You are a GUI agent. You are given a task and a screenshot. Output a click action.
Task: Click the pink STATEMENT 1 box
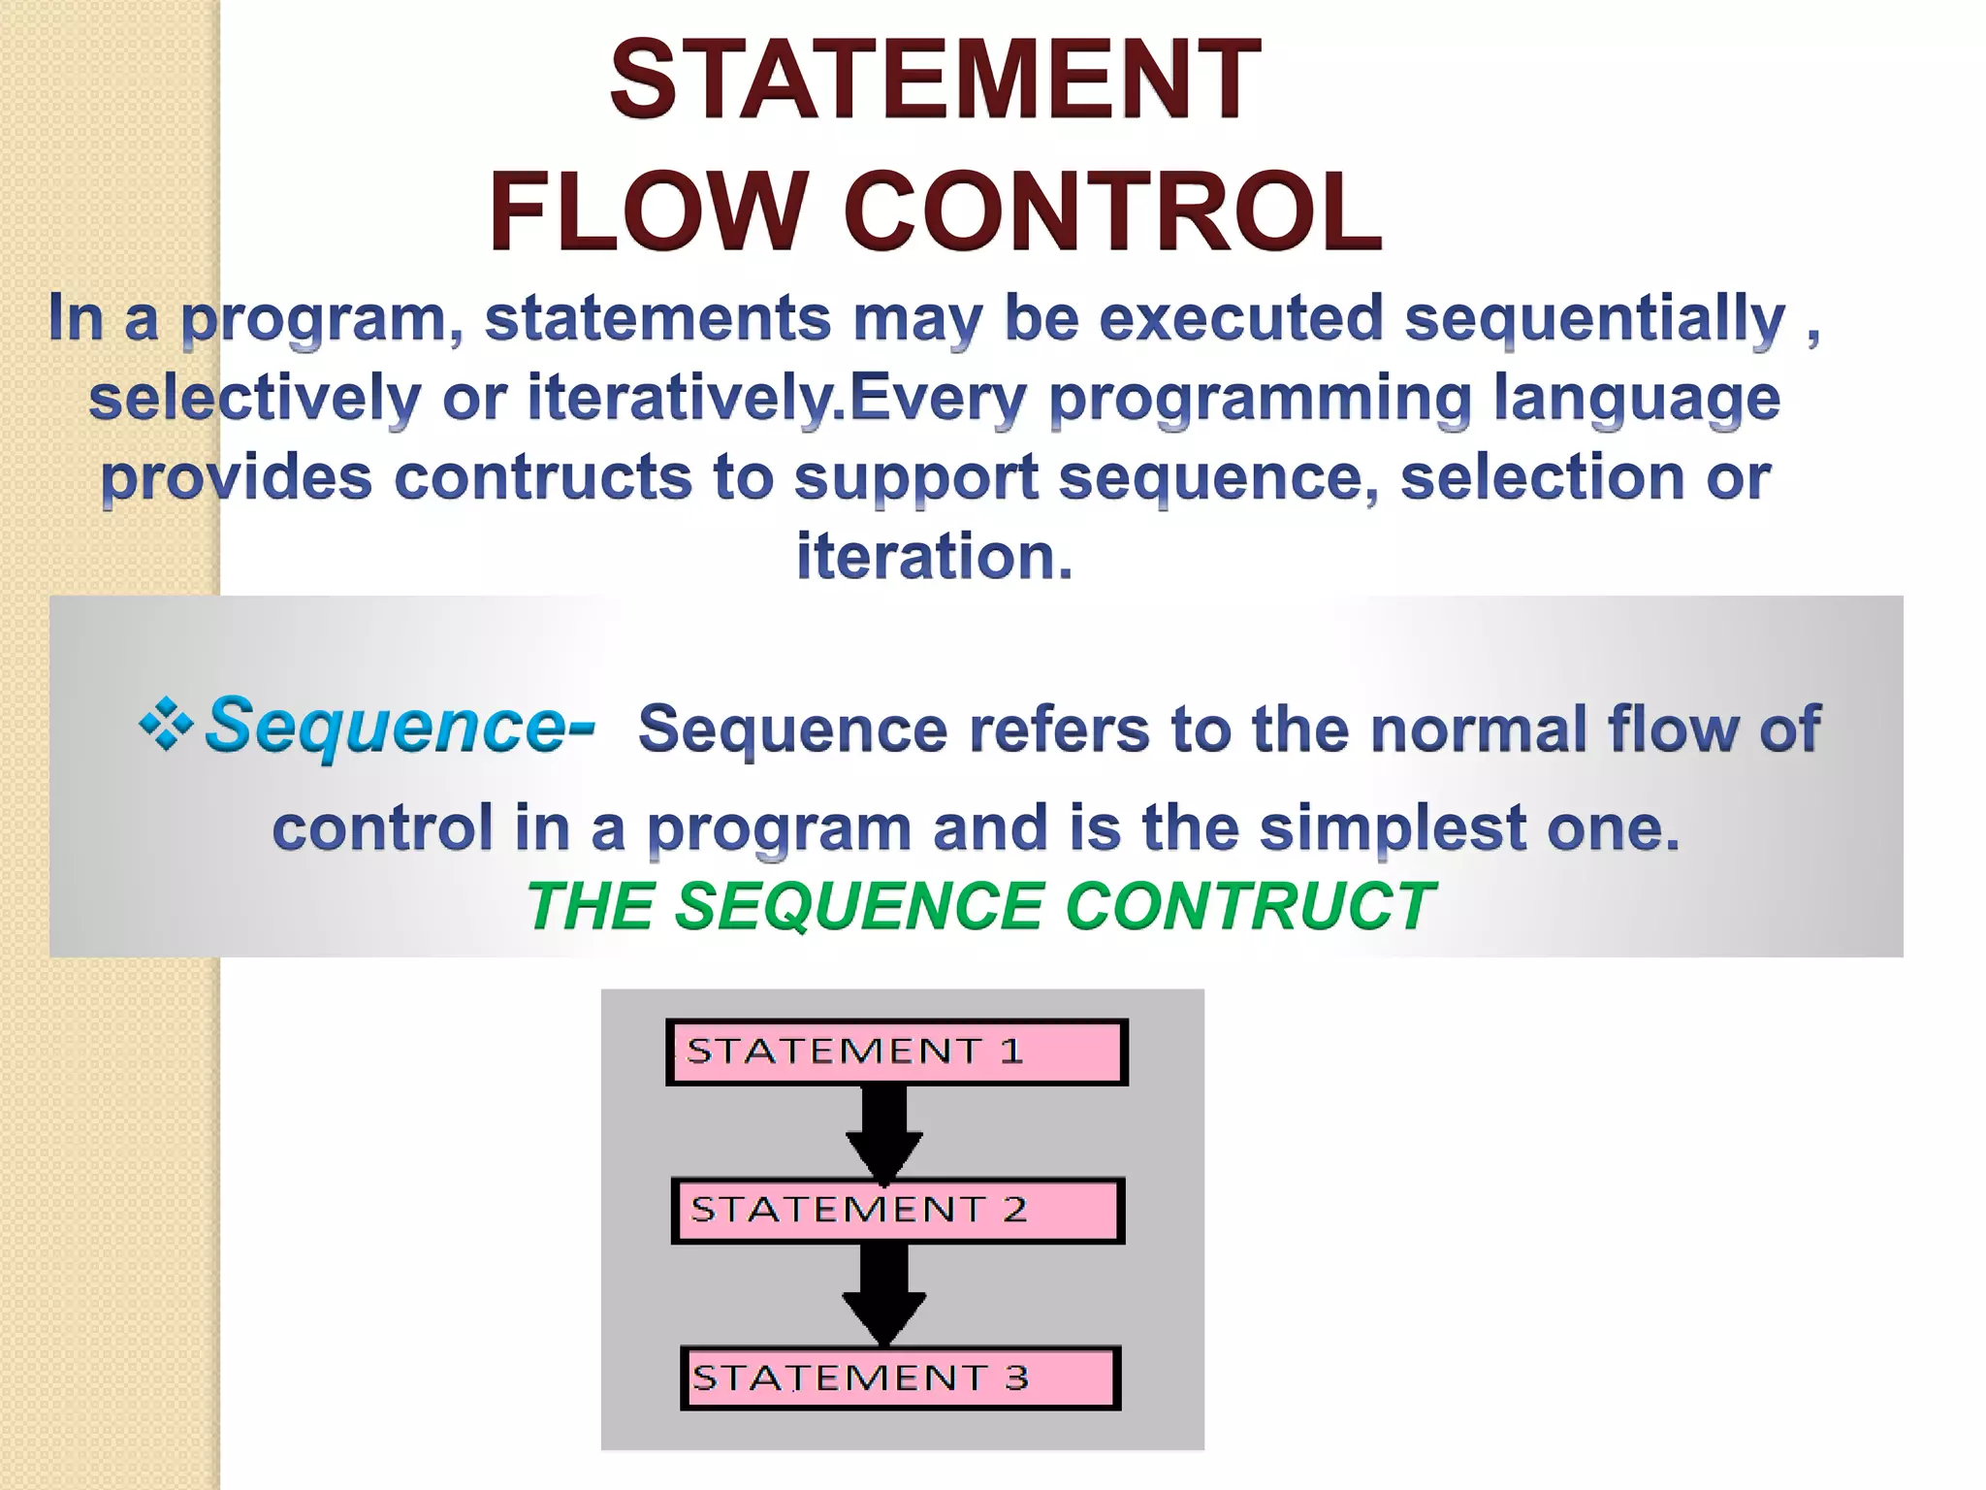pos(896,1052)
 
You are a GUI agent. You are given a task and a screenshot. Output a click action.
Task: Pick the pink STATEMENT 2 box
pos(898,1210)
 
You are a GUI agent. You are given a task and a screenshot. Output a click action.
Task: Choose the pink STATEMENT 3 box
pos(900,1377)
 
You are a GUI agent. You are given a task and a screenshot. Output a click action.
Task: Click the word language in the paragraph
pos(1636,398)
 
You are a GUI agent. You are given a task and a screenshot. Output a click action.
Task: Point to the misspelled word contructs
pos(543,477)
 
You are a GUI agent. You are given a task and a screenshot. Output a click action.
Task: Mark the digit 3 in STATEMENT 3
pos(1016,1377)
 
